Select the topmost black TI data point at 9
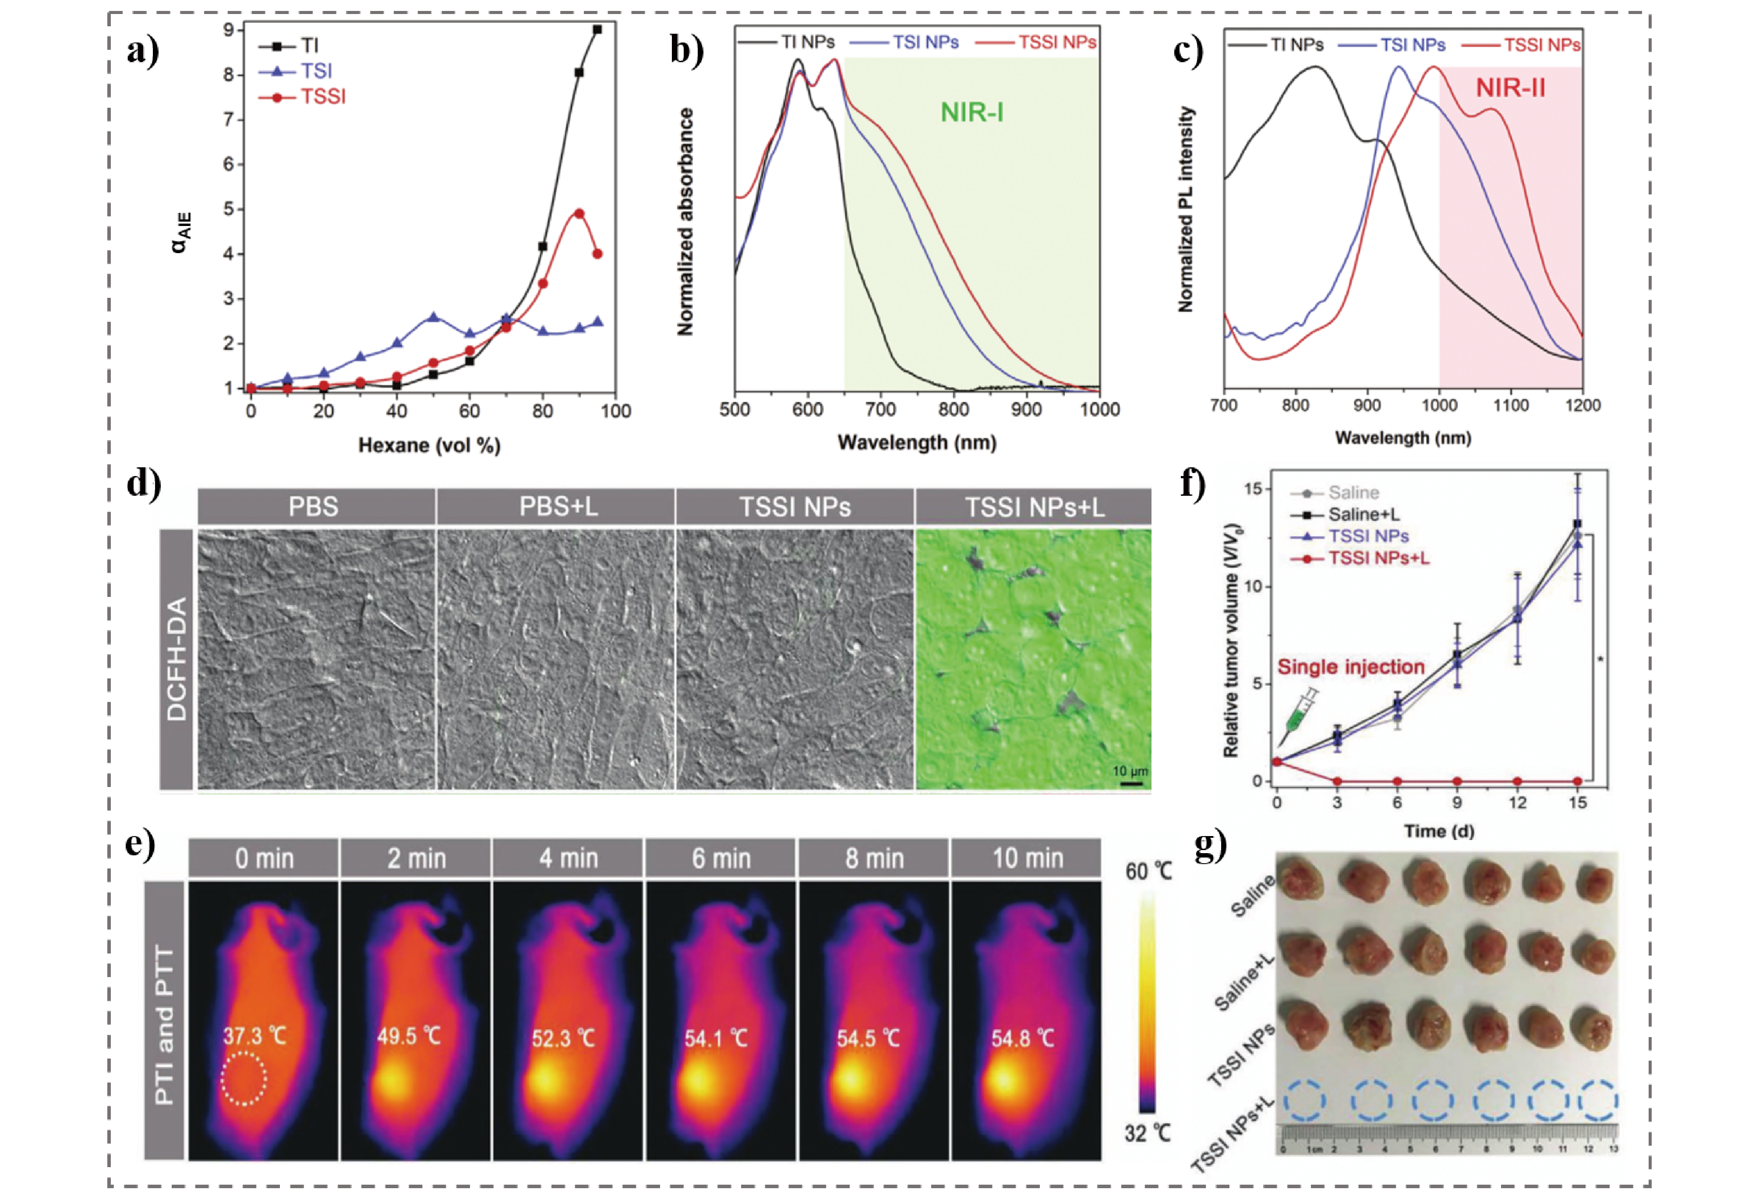597,29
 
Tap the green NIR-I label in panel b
972,113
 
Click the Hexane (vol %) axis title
429,445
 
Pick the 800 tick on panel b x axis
953,409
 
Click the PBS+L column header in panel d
558,506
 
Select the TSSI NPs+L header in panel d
1034,506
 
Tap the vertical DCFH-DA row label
177,658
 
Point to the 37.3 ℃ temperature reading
255,1035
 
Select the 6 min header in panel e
721,858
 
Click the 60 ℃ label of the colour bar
1148,872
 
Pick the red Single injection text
1351,667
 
